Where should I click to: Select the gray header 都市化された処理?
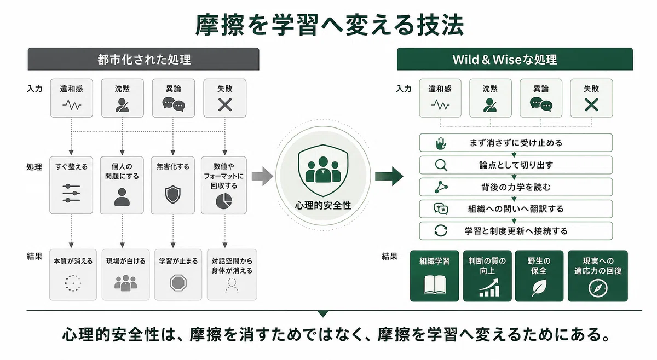143,59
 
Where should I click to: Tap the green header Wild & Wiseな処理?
515,59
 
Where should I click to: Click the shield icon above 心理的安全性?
323,170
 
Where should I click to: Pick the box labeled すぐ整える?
71,185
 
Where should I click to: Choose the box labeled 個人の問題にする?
122,185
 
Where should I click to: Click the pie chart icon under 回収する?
224,201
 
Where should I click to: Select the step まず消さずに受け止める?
516,143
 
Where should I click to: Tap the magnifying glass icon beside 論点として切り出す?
441,165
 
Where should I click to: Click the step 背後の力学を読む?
516,187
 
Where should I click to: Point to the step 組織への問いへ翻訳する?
516,209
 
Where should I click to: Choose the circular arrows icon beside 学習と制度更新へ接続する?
441,231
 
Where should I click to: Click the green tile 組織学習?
434,276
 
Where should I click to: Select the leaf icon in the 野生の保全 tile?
539,288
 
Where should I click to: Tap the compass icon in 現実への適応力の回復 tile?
598,288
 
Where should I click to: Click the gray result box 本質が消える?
73,275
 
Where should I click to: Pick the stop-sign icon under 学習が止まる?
178,283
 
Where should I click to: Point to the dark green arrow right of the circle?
389,176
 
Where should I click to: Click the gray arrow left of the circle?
262,176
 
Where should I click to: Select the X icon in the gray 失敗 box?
225,104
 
